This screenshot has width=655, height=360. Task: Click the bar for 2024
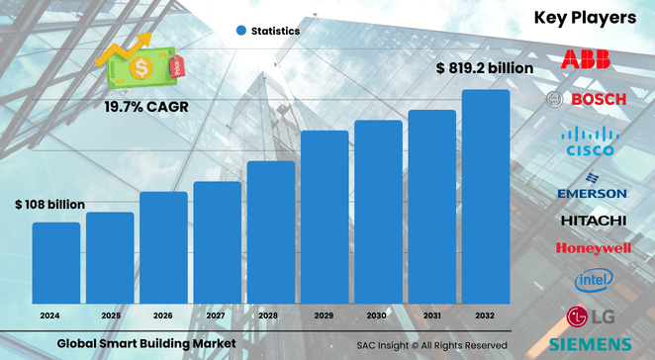(55, 264)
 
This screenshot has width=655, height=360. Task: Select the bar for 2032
(485, 198)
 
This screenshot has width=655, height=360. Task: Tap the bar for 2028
(271, 233)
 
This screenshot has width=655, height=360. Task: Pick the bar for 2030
(378, 213)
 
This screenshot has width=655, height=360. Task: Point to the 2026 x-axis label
(163, 315)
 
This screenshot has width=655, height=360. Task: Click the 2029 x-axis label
(325, 315)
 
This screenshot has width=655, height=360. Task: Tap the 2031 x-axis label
(431, 315)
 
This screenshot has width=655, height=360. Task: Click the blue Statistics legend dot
(240, 31)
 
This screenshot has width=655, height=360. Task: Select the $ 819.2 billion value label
(484, 69)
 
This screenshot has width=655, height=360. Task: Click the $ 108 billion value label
(49, 205)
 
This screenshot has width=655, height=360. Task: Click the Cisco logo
(588, 141)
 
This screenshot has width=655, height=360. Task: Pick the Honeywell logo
(592, 248)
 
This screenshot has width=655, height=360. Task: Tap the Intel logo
(593, 281)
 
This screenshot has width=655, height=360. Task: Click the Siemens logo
(592, 343)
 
